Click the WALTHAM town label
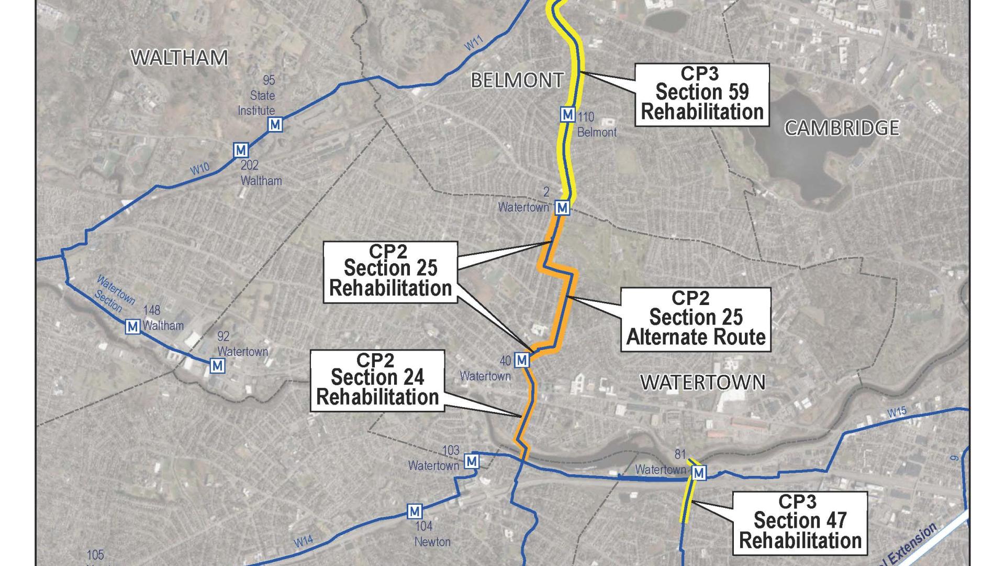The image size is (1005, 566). pyautogui.click(x=179, y=58)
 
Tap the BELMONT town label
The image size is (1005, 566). pyautogui.click(x=517, y=80)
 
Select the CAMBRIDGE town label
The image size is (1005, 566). pyautogui.click(x=842, y=128)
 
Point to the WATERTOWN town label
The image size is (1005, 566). pyautogui.click(x=702, y=383)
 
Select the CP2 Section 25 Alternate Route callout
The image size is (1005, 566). pyautogui.click(x=696, y=319)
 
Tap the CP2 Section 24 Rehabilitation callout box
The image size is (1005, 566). pyautogui.click(x=377, y=380)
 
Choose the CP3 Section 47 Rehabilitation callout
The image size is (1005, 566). pyautogui.click(x=800, y=522)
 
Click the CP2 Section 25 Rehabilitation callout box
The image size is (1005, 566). pyautogui.click(x=390, y=271)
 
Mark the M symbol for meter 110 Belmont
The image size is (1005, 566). pyautogui.click(x=568, y=114)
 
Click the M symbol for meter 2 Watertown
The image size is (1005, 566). pyautogui.click(x=562, y=208)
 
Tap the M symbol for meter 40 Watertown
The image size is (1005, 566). pyautogui.click(x=521, y=360)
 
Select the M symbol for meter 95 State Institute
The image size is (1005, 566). pyautogui.click(x=275, y=124)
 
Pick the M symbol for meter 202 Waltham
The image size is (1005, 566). pyautogui.click(x=241, y=150)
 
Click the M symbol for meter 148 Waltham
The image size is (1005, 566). pyautogui.click(x=133, y=326)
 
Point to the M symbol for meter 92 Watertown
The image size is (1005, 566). pyautogui.click(x=218, y=365)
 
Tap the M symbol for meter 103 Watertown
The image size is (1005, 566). pyautogui.click(x=472, y=461)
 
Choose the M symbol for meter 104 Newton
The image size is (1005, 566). pyautogui.click(x=415, y=511)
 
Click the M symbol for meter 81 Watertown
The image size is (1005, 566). pyautogui.click(x=699, y=473)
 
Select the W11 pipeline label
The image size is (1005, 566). pyautogui.click(x=474, y=45)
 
